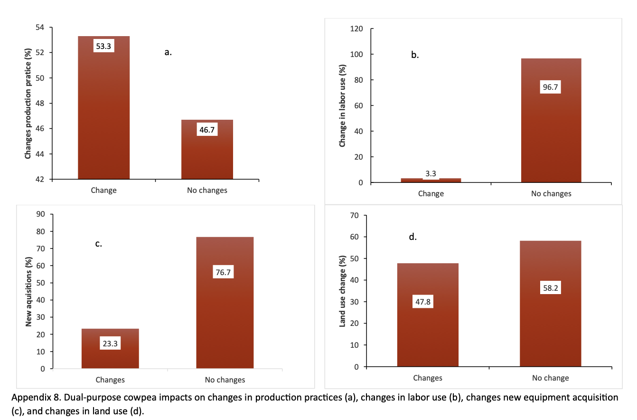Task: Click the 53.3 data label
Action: click(104, 46)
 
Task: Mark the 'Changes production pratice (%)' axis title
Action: click(28, 104)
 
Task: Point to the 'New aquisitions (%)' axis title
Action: click(28, 291)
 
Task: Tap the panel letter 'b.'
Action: click(415, 55)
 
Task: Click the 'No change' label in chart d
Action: click(551, 378)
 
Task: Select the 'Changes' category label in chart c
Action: click(110, 380)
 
